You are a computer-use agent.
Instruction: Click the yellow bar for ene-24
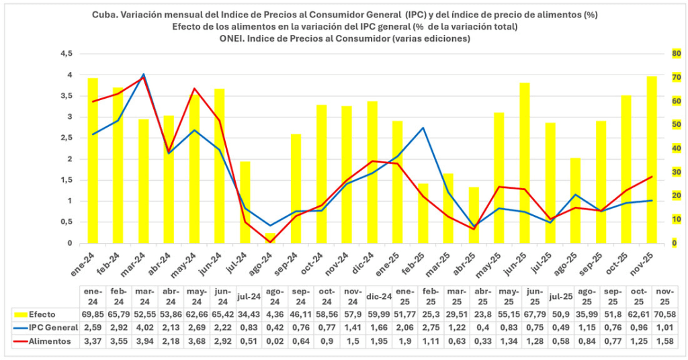[x=93, y=161]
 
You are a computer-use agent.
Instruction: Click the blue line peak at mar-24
[x=143, y=75]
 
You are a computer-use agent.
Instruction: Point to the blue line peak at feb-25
[x=422, y=128]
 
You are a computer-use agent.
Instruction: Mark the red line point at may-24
[x=194, y=89]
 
